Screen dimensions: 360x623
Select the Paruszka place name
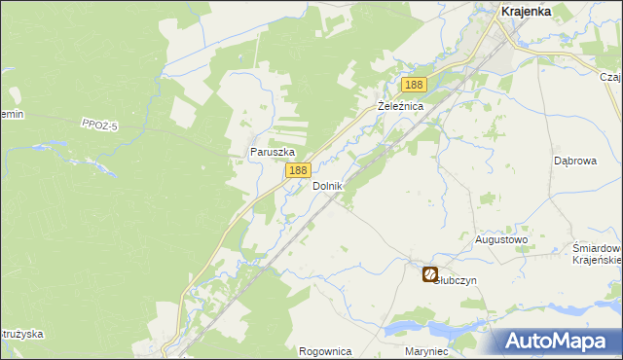click(x=272, y=152)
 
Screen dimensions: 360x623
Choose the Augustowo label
click(x=500, y=238)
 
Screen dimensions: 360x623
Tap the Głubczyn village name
click(x=457, y=279)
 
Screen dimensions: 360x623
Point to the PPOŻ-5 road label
click(x=99, y=122)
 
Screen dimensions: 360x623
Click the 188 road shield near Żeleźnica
click(x=414, y=86)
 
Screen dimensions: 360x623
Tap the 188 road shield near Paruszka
click(x=298, y=170)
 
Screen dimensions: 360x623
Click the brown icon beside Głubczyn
click(x=429, y=275)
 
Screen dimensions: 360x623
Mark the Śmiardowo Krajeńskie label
click(x=597, y=253)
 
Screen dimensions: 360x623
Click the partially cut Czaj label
click(x=611, y=77)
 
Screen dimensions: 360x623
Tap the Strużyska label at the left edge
click(x=21, y=334)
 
